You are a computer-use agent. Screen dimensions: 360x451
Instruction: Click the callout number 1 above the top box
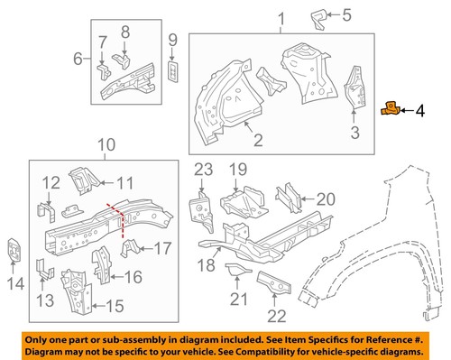(281, 19)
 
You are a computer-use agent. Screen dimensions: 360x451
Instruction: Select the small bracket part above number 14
(14, 250)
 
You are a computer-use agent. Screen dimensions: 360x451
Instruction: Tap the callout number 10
(106, 144)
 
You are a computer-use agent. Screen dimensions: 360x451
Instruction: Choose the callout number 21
(239, 299)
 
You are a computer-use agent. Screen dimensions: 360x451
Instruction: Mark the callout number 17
(164, 248)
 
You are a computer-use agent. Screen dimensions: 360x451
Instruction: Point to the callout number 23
(201, 168)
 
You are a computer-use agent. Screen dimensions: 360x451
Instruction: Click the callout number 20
(325, 199)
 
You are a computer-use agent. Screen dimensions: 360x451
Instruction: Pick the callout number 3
(354, 134)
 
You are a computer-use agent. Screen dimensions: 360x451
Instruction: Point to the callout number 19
(237, 169)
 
